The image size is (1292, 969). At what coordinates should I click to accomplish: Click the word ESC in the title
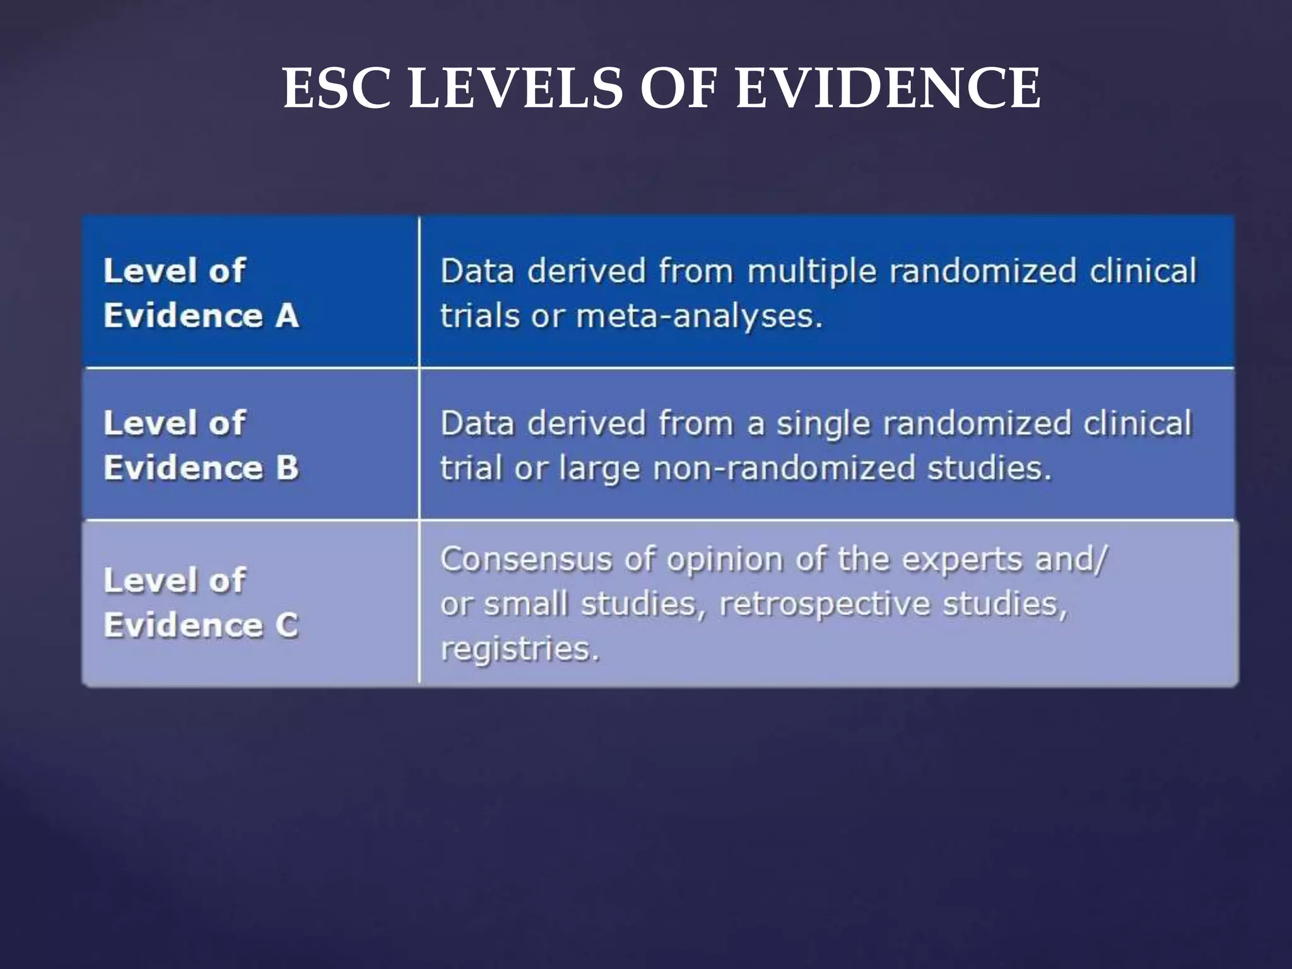338,88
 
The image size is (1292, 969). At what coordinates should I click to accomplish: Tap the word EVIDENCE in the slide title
888,88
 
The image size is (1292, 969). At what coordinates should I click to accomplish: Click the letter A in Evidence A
286,315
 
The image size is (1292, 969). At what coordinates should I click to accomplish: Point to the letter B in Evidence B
286,468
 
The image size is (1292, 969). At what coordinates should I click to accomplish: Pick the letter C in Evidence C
286,626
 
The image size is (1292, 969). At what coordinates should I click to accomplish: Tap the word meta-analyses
700,316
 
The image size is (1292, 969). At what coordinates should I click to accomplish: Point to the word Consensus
526,560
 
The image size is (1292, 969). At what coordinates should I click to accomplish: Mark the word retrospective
825,605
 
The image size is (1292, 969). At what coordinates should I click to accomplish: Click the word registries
519,649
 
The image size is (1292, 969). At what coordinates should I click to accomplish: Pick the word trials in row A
479,316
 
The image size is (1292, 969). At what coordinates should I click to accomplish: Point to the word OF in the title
679,88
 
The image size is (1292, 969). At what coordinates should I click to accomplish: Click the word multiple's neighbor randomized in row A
983,271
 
